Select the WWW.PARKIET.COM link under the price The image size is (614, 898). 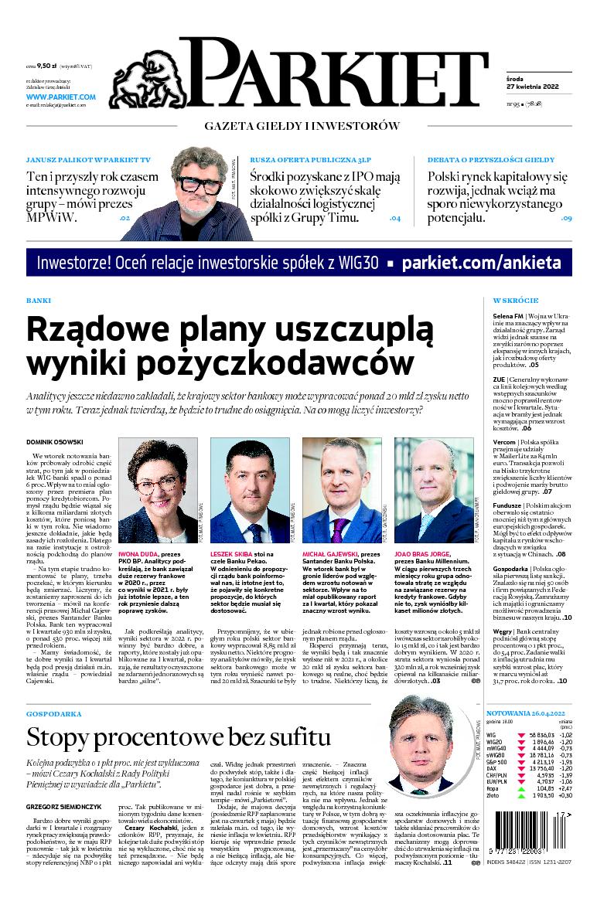click(x=60, y=97)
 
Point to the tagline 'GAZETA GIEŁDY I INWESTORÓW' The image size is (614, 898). click(x=302, y=125)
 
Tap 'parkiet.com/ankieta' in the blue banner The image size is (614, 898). click(x=482, y=263)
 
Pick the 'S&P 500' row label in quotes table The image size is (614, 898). click(x=497, y=762)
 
